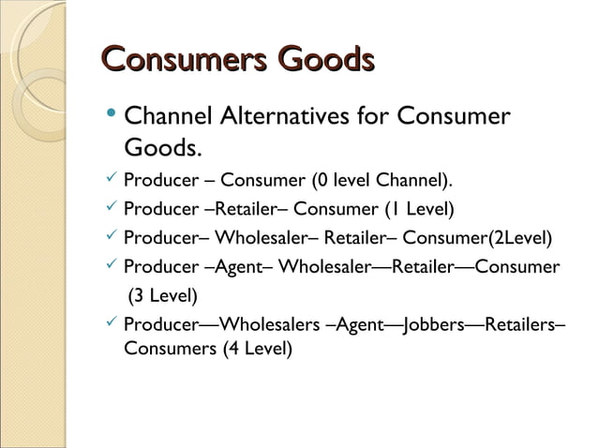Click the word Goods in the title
tap(318, 61)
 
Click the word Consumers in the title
tap(177, 61)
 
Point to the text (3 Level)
tap(162, 297)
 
